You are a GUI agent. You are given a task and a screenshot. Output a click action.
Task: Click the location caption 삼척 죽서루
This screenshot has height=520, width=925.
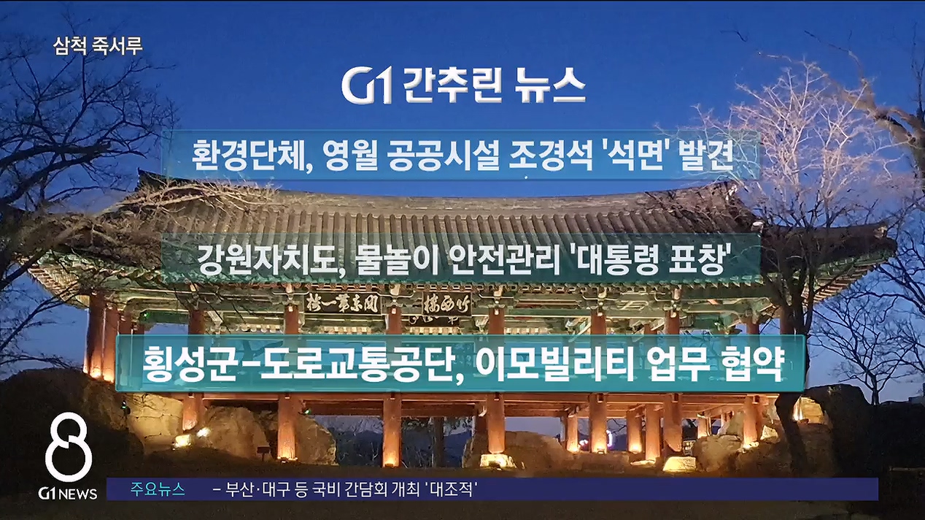98,46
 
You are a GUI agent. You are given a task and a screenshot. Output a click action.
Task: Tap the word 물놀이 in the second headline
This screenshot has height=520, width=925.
390,259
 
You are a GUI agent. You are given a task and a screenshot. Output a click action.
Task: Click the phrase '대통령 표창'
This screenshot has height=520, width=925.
647,259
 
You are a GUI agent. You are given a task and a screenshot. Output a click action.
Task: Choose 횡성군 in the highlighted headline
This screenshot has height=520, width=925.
186,364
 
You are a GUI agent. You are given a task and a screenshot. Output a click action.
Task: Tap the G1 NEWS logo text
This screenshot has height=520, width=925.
68,493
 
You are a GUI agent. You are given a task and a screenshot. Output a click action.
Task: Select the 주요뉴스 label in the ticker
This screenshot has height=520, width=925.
158,489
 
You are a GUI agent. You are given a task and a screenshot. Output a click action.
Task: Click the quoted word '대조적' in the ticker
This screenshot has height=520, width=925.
451,490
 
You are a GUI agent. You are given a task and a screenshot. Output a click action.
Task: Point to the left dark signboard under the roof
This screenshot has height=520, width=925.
342,304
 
